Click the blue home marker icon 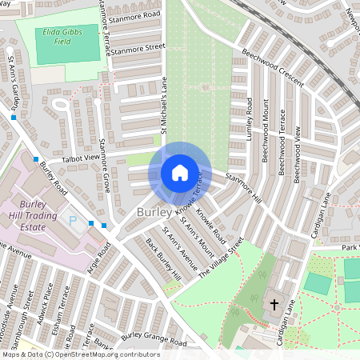(180, 172)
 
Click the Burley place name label (154, 213)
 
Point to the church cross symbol (274, 305)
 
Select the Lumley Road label (250, 120)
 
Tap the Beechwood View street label (297, 154)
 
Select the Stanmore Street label (138, 49)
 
